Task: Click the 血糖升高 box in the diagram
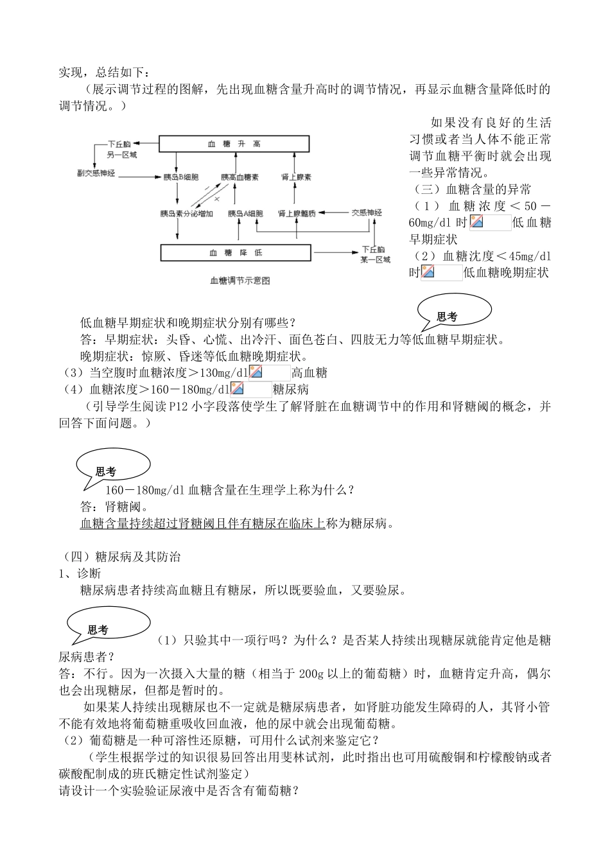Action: click(x=235, y=144)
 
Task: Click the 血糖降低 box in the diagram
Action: click(x=236, y=252)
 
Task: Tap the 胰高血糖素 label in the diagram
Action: click(x=240, y=177)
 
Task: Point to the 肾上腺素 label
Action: click(x=297, y=177)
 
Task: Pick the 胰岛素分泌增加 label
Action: click(x=186, y=213)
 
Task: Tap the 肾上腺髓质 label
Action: click(x=297, y=213)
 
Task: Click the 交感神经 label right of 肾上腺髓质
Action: click(x=366, y=213)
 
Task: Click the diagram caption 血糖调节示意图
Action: click(x=240, y=281)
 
